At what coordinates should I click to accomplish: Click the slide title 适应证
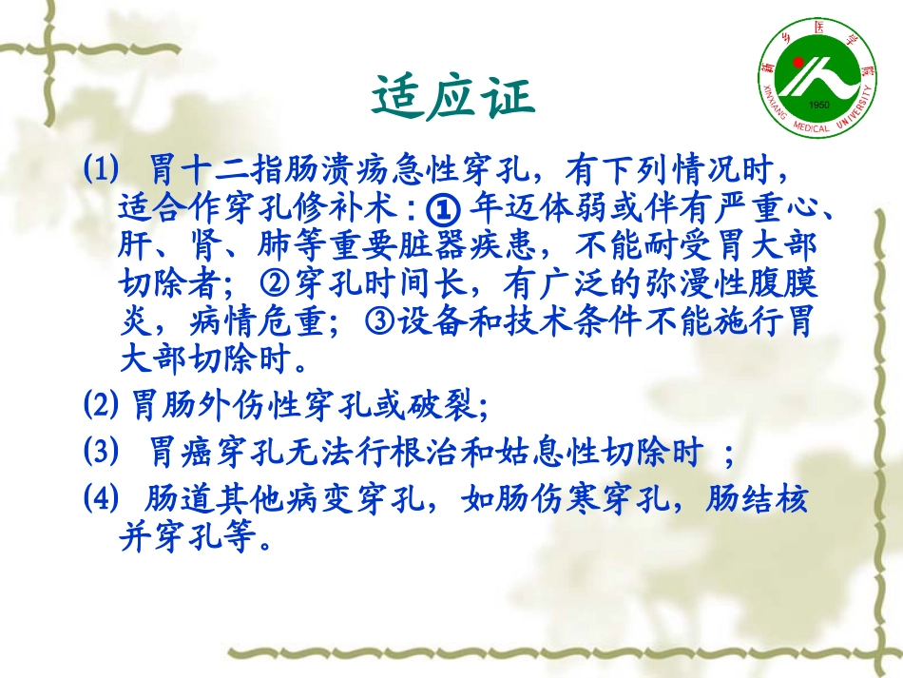pos(451,97)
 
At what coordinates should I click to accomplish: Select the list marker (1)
pos(102,170)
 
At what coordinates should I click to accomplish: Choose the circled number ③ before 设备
pos(378,322)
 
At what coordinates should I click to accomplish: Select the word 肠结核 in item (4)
pos(758,497)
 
